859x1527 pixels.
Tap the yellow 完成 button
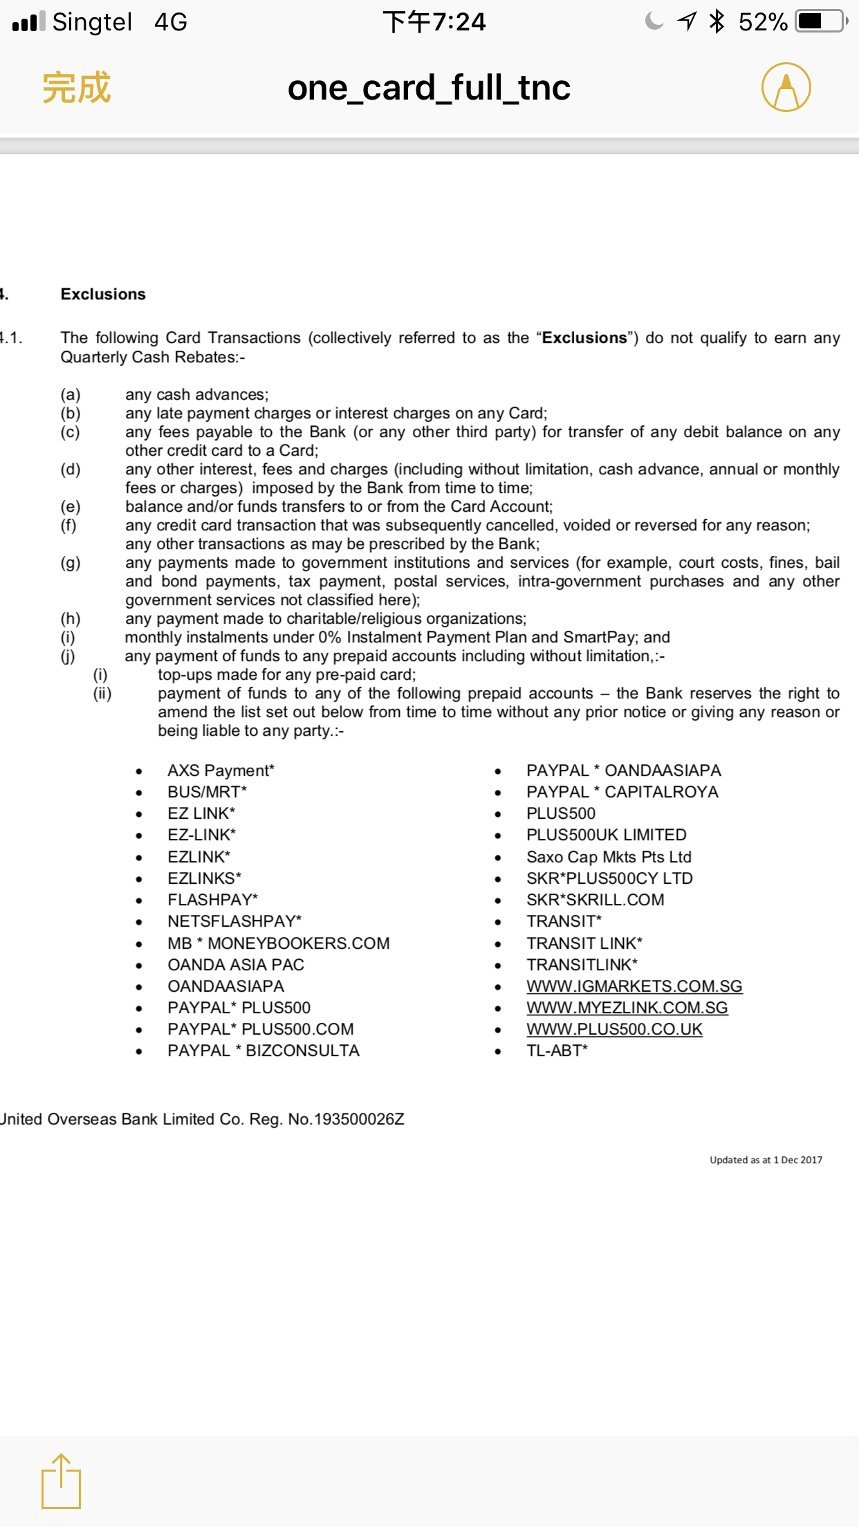click(76, 88)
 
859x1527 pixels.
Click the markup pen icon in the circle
click(786, 88)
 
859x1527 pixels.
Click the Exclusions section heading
click(103, 294)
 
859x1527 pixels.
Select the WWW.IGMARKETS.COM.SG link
click(634, 986)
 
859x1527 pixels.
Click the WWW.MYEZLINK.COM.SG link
click(627, 1008)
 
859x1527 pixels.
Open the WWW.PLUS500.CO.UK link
click(614, 1029)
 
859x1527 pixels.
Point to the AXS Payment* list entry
click(221, 770)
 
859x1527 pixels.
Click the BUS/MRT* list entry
click(207, 792)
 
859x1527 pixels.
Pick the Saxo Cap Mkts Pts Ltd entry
click(609, 857)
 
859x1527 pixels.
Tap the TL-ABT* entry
click(557, 1051)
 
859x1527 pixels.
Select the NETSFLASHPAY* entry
click(234, 921)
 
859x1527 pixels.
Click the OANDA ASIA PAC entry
click(235, 965)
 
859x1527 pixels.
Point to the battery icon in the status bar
click(821, 21)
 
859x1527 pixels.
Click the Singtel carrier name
click(92, 22)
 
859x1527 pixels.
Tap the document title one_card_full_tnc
click(429, 88)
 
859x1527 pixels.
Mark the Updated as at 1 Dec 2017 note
click(766, 1160)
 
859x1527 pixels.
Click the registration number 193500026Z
click(358, 1119)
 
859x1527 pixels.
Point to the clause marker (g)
click(70, 563)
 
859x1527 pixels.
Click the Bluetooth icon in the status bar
click(717, 21)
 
